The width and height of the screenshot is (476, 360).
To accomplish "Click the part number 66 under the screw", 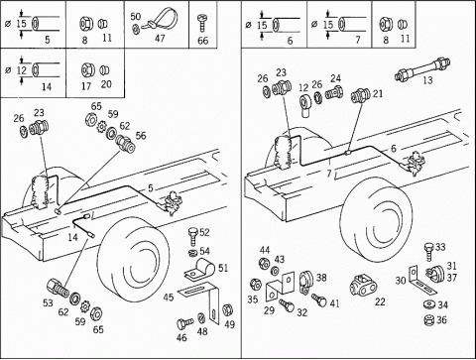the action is click(202, 41).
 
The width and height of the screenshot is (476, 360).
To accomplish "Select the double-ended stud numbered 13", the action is click(422, 67).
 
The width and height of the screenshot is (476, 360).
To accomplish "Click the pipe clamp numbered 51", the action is click(200, 268).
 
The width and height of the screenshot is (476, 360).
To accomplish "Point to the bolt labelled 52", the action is click(192, 236).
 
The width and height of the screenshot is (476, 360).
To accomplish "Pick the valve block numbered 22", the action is click(362, 286).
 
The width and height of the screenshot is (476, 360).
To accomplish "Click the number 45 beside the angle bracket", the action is click(169, 298).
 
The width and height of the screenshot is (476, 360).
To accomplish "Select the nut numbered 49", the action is click(227, 309).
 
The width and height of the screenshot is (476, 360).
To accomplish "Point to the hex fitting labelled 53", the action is click(58, 288).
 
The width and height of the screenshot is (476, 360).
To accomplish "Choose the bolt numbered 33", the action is click(429, 252).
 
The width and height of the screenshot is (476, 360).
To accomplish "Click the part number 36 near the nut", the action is click(441, 319).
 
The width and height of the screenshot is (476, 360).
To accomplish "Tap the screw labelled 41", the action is click(319, 300).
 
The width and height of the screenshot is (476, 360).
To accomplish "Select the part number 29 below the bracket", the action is click(269, 310).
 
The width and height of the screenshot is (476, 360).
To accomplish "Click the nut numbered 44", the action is click(263, 263).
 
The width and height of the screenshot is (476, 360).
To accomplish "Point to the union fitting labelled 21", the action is click(361, 96).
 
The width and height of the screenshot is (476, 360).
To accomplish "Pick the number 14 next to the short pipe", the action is click(72, 237).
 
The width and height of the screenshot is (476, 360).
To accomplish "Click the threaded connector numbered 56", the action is click(125, 144).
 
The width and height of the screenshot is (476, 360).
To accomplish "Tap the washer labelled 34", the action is click(429, 304).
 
